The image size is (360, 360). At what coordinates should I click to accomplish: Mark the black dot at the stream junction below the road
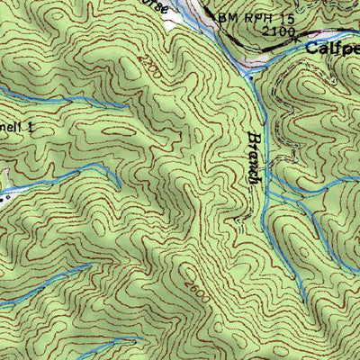tap(246, 79)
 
